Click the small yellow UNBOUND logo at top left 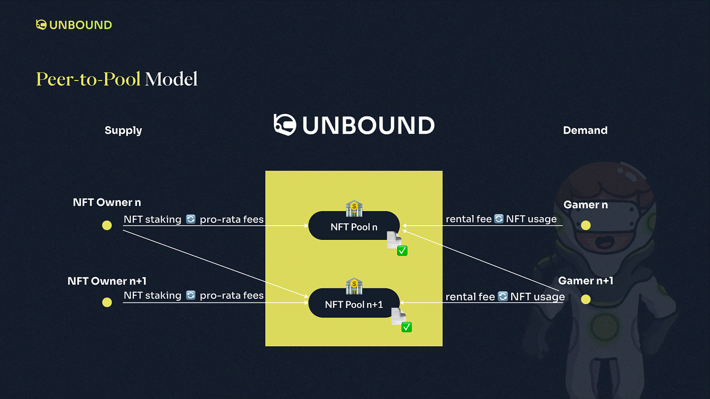[74, 25]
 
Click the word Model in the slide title [171, 79]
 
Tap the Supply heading [123, 130]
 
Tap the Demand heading [585, 130]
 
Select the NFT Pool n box [354, 226]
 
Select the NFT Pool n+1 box [354, 303]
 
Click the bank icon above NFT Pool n [354, 209]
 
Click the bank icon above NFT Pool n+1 [354, 286]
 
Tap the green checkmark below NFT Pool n [402, 251]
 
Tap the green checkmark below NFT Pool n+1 [407, 327]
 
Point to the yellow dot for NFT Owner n [107, 225]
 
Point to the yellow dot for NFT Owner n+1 [107, 302]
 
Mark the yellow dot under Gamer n [586, 225]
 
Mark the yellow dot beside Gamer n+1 [586, 299]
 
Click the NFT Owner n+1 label [107, 281]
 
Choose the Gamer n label [585, 205]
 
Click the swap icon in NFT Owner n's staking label [191, 219]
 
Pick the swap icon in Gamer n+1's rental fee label [503, 297]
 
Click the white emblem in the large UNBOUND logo [285, 125]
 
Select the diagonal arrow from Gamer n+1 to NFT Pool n [481, 261]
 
